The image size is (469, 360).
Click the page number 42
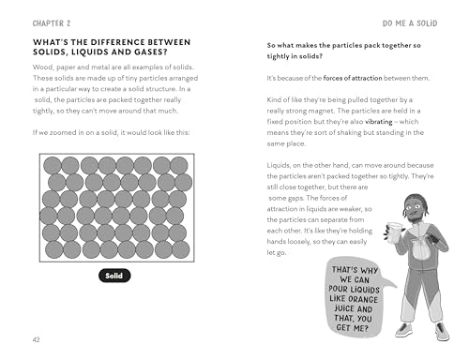click(37, 339)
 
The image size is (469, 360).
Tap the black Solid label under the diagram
click(114, 276)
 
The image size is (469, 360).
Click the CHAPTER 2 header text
click(52, 23)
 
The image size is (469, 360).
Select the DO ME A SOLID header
click(410, 23)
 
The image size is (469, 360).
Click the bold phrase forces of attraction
click(353, 78)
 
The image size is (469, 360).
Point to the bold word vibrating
click(379, 122)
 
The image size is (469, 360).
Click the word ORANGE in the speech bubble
click(363, 299)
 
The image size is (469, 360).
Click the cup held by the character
click(394, 232)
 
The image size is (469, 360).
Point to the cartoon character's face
click(414, 209)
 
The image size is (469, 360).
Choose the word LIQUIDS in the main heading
click(90, 52)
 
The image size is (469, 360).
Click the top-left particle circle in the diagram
click(53, 165)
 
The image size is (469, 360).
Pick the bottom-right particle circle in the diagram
click(181, 249)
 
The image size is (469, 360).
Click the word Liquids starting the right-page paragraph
click(279, 165)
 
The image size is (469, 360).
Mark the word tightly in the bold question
click(278, 56)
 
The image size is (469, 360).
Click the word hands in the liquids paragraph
click(276, 242)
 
